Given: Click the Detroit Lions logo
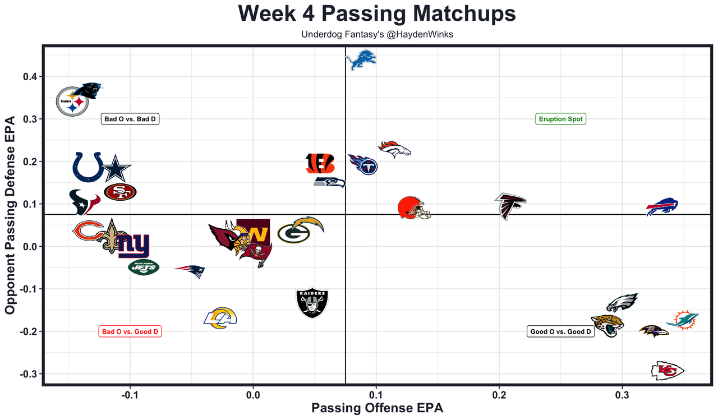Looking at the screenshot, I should tap(360, 60).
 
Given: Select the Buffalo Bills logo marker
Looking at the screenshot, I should tap(662, 207).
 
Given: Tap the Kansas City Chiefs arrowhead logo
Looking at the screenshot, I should tap(667, 371).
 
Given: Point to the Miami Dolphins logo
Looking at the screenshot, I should tap(683, 320).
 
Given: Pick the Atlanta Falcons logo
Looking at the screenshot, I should tap(510, 206).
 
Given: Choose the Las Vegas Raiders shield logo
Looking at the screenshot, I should tap(312, 303).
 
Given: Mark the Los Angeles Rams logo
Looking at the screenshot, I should tap(220, 318).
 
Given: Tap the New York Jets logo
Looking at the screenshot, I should tap(144, 267).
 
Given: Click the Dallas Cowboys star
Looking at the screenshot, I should tap(116, 169).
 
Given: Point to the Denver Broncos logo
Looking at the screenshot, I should tap(394, 149).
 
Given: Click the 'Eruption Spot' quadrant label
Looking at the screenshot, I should tap(560, 119).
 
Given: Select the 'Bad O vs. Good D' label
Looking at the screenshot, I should tap(130, 331).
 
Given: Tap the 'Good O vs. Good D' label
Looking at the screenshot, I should tap(560, 331).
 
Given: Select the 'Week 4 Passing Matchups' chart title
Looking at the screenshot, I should tap(377, 14).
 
